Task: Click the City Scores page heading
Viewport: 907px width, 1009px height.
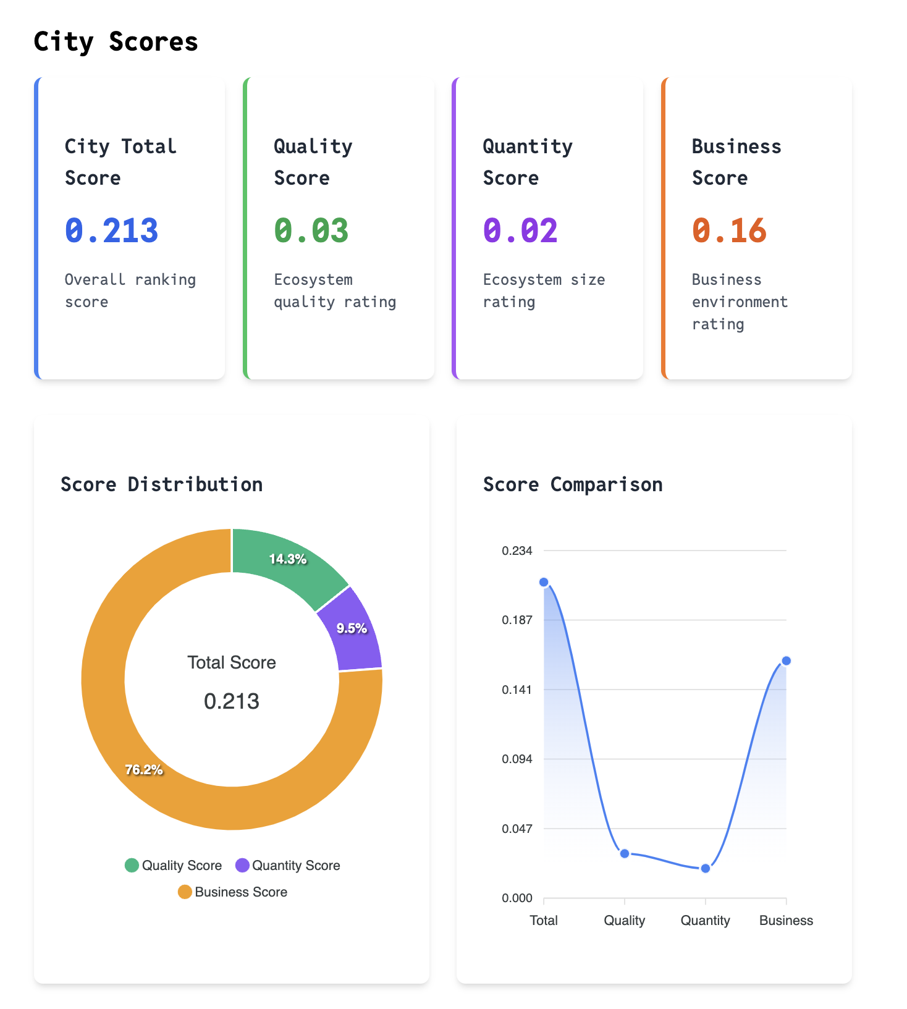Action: pos(116,42)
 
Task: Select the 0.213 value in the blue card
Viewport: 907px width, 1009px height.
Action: pos(112,231)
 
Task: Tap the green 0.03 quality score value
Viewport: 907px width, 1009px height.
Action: pos(311,231)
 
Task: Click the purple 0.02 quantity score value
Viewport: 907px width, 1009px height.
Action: pos(520,231)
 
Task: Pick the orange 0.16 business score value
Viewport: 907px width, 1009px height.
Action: pos(729,231)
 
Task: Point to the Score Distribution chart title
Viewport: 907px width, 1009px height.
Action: pos(161,484)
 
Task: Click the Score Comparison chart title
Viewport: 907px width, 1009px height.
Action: pos(572,484)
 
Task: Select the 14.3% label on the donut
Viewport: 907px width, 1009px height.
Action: pos(288,559)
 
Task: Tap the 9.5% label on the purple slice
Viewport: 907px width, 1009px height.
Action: pos(352,628)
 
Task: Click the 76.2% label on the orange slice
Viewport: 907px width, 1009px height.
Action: pos(144,769)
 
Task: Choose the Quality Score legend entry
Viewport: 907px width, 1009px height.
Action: pos(174,866)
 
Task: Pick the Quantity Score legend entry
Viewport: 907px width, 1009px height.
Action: pos(288,866)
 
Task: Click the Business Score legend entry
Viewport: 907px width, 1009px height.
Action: pos(233,892)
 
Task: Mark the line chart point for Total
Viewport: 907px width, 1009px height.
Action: pos(544,582)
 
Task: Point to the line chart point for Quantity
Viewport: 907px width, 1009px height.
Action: pos(706,868)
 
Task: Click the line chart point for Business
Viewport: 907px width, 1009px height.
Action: pos(787,661)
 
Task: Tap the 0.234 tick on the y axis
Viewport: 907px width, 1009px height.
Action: pos(517,551)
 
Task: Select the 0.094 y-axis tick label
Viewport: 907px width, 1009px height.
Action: pos(517,759)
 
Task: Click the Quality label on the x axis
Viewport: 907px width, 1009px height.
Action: pos(625,921)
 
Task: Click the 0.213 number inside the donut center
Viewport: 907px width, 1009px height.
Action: pos(232,701)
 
